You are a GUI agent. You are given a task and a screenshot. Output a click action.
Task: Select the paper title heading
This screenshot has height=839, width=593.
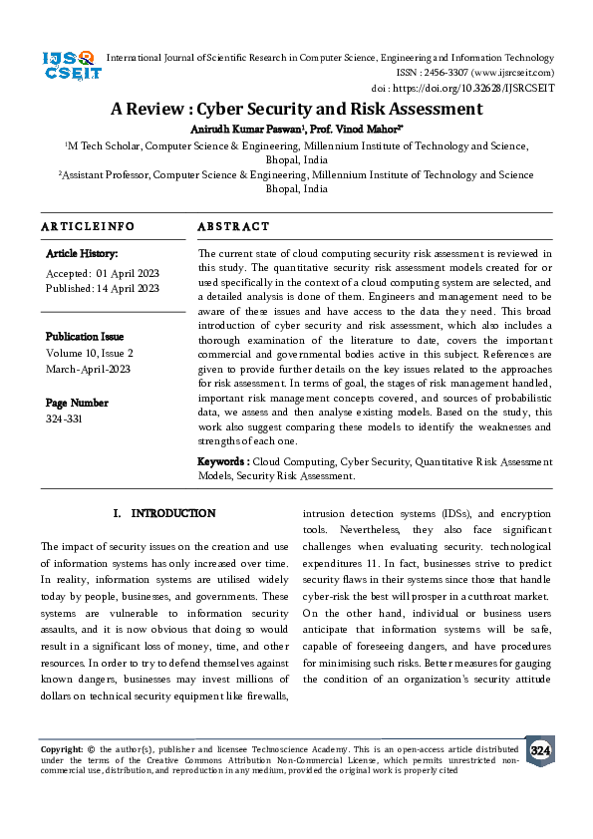click(x=296, y=110)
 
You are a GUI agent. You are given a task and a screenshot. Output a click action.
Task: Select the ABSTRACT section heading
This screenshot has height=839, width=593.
click(x=233, y=227)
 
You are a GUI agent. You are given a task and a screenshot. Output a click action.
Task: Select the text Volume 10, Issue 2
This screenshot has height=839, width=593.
click(x=90, y=353)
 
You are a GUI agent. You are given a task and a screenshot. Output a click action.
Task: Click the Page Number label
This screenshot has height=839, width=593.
click(x=78, y=403)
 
